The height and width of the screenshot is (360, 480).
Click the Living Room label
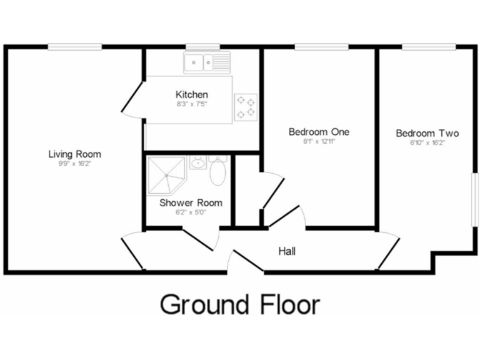(x=75, y=154)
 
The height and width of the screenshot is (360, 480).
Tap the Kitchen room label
(x=191, y=94)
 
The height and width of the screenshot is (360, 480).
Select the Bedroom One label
(x=319, y=132)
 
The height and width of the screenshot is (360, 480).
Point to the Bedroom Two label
(x=427, y=133)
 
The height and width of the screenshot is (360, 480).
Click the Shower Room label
(x=191, y=202)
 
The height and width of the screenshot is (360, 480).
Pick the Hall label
(x=287, y=251)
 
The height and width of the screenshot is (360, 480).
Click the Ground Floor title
(x=240, y=304)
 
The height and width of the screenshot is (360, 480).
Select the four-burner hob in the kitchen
(x=246, y=106)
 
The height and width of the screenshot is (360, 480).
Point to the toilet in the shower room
(x=218, y=171)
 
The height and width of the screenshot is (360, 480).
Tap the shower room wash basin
(x=197, y=164)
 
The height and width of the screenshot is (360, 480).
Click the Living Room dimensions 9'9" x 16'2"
(x=75, y=164)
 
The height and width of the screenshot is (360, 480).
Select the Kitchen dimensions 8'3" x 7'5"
(x=191, y=104)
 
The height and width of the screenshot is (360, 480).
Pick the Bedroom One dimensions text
(x=319, y=142)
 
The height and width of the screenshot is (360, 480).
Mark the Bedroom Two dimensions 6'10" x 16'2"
(x=427, y=142)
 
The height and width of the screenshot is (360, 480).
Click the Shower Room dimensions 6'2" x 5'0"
(x=191, y=212)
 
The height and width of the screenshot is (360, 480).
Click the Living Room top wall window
(x=75, y=47)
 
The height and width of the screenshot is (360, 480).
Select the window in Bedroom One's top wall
(x=321, y=47)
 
